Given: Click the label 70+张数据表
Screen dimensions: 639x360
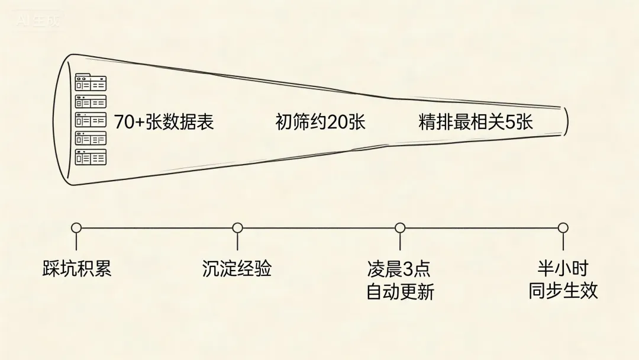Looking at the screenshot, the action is click(x=163, y=122).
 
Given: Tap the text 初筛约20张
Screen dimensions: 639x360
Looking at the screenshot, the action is click(x=320, y=122).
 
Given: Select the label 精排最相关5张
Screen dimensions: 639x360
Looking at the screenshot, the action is click(x=476, y=122).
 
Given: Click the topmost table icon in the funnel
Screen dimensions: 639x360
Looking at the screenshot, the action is click(x=91, y=82).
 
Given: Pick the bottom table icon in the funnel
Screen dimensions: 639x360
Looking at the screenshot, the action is click(x=91, y=157).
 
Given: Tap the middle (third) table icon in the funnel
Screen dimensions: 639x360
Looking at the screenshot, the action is click(x=91, y=120).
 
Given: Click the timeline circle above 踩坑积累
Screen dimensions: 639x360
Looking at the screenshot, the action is click(x=76, y=228).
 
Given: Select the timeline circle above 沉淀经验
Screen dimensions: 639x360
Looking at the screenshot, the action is click(x=237, y=228).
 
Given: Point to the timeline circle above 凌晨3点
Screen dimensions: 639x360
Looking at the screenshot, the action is click(x=400, y=228).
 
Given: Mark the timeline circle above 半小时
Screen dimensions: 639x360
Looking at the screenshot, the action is click(x=563, y=228).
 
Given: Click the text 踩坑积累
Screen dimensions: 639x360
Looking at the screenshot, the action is click(x=77, y=269).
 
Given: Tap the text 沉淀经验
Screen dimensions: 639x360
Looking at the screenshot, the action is click(x=237, y=269).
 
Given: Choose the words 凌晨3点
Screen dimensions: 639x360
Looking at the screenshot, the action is click(x=399, y=269).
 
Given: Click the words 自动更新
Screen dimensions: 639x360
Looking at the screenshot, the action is click(x=400, y=292).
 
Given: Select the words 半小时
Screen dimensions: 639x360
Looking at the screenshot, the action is click(x=563, y=268).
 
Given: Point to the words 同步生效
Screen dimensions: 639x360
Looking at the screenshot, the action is click(x=563, y=291).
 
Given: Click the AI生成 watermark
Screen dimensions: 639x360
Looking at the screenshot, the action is click(x=38, y=21).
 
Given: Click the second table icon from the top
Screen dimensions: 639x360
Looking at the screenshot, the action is click(x=91, y=101).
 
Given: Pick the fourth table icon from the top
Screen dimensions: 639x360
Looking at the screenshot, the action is click(x=91, y=139).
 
